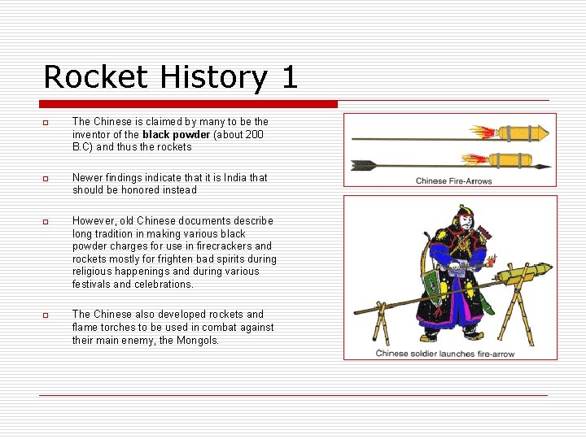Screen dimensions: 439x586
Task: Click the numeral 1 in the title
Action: coord(289,77)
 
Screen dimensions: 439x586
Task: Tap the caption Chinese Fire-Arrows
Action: coord(453,180)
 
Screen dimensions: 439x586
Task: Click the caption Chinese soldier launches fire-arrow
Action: coord(445,354)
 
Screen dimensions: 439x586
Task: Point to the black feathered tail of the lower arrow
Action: coord(364,165)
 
